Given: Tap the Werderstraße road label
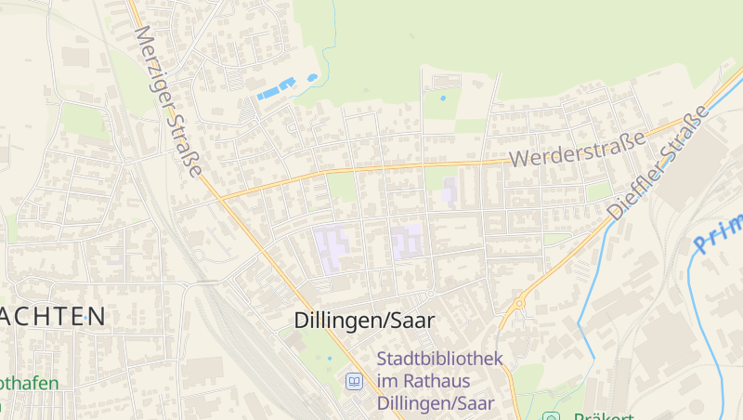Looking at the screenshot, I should pos(577,151).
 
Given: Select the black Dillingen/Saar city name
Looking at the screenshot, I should pos(364,321).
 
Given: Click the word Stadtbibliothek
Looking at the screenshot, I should pos(439,359).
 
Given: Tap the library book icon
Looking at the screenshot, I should pos(354,380).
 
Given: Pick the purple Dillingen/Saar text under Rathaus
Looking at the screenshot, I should pos(437,403).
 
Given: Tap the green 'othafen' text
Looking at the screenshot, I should pos(29,383).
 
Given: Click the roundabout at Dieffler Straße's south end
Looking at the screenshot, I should pos(519,303).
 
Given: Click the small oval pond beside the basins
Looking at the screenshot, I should pos(312,77).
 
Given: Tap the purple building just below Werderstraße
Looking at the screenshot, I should pos(450,190).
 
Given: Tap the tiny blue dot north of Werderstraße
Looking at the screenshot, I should pos(442,98).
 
